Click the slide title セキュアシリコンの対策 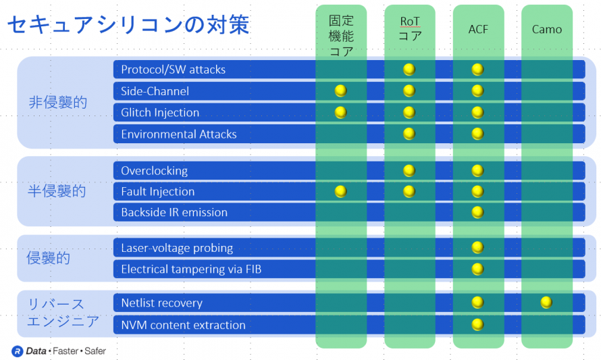click(128, 25)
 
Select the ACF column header click(478, 30)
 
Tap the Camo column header click(546, 30)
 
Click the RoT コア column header click(410, 29)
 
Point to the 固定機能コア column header click(341, 36)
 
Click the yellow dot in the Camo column click(546, 303)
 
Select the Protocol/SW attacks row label click(174, 70)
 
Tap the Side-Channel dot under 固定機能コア click(341, 91)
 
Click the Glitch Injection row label click(160, 112)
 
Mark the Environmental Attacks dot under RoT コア click(409, 134)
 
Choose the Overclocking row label click(155, 171)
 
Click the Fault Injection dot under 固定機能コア click(341, 191)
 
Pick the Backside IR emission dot click(477, 212)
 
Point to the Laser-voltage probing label click(177, 248)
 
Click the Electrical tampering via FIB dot click(477, 269)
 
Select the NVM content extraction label click(183, 325)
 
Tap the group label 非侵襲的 click(58, 103)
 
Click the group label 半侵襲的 click(57, 191)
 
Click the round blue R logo click(18, 351)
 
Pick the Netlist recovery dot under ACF click(477, 303)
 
